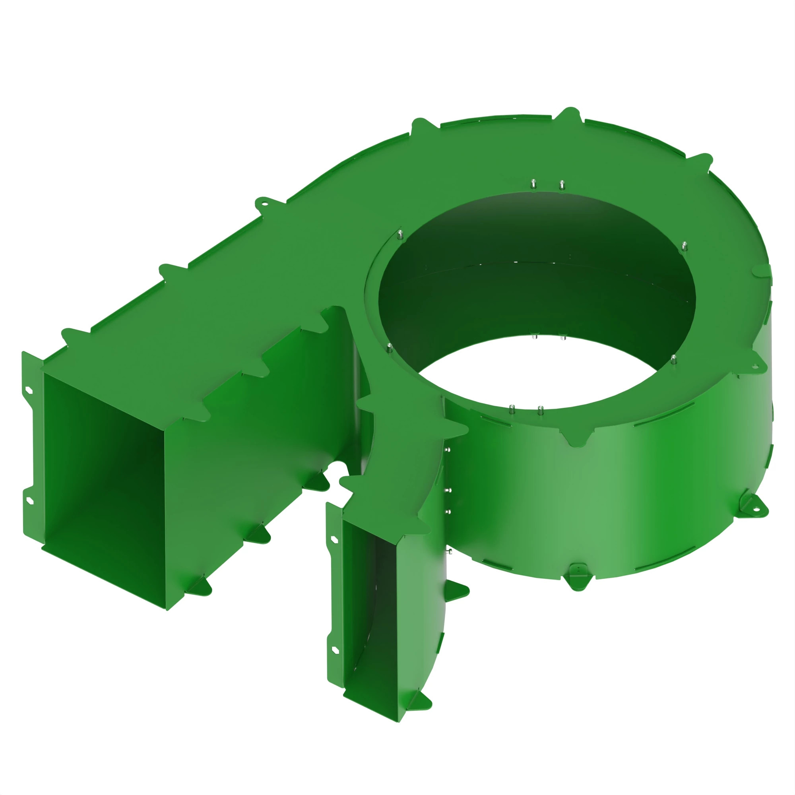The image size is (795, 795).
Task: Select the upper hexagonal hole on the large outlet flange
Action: (28, 389)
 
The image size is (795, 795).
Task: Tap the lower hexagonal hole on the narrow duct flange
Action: (335, 650)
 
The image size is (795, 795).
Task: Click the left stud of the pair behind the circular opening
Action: (533, 184)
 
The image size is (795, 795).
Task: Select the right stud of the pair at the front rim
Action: (540, 410)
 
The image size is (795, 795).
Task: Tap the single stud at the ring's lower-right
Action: (674, 359)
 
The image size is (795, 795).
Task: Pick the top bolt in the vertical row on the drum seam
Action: (448, 450)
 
